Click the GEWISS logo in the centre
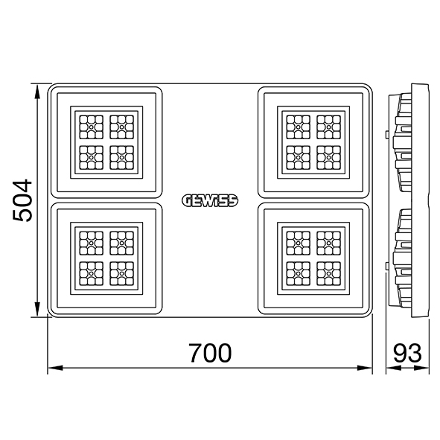pos(210,200)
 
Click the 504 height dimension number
pos(22,200)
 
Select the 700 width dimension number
pos(210,353)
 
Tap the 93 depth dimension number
pos(407,353)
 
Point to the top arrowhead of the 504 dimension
pos(36,91)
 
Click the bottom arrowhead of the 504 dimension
pos(36,310)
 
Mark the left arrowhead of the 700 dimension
pos(55,368)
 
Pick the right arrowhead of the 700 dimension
pos(365,368)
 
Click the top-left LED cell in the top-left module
pos(91,127)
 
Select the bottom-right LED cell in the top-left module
pos(122,157)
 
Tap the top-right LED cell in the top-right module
pos(329,127)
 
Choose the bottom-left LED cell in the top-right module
pos(299,157)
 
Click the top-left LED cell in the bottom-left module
pos(91,243)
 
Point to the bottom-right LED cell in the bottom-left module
pos(122,273)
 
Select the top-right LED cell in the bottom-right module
pos(329,243)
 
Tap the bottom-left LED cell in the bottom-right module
pos(299,273)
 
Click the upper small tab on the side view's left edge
pos(387,135)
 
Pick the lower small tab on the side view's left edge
pos(387,267)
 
